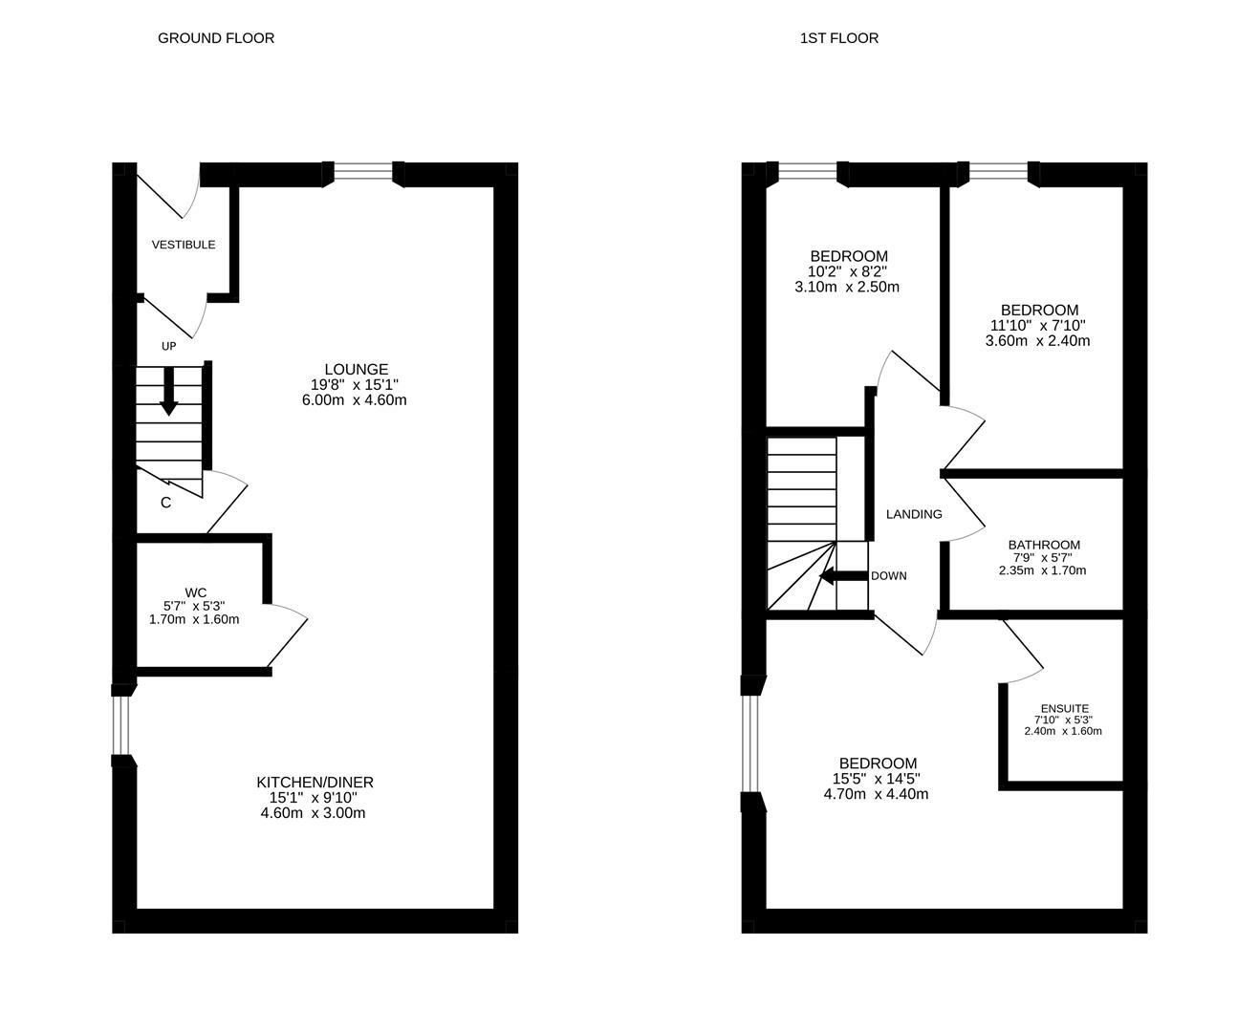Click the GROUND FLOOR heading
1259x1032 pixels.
point(215,38)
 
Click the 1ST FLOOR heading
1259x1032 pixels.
point(838,38)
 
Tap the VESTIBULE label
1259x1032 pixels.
point(184,245)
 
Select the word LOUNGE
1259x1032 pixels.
point(356,369)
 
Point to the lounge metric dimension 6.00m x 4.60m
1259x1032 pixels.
point(354,399)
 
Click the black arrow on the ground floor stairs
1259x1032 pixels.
point(169,391)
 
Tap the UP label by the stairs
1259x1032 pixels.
point(168,346)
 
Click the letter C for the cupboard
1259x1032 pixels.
point(165,503)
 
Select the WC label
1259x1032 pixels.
point(195,592)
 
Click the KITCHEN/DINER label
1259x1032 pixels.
point(315,782)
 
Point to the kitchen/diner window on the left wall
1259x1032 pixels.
point(121,724)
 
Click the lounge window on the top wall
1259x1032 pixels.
point(363,172)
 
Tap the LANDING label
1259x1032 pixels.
point(914,514)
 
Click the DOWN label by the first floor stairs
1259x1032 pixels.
point(888,576)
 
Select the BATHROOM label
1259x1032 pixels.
point(1044,545)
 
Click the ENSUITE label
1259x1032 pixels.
point(1064,709)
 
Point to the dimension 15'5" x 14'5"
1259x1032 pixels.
point(878,779)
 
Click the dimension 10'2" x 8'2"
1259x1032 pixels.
point(848,271)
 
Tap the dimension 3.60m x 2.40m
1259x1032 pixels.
point(1038,340)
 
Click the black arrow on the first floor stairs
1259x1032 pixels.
point(842,576)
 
